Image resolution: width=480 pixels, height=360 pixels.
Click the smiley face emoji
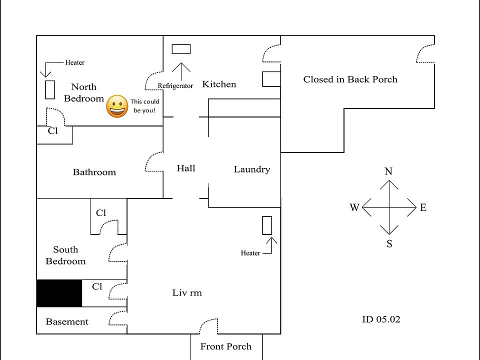[x=117, y=106]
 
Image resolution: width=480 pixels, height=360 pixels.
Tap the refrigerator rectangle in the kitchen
[x=181, y=49]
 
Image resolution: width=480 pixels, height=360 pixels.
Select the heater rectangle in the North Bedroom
[x=50, y=89]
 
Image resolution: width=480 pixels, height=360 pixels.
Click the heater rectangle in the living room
[x=267, y=225]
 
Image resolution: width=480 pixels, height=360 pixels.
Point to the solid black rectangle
[x=59, y=293]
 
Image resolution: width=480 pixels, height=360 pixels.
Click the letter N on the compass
[x=388, y=171]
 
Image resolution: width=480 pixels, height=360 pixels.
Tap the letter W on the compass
[x=354, y=207]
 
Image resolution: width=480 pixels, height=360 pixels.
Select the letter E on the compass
[x=423, y=207]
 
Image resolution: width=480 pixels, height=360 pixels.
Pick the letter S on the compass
[x=389, y=244]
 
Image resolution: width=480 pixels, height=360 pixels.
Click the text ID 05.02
[x=381, y=319]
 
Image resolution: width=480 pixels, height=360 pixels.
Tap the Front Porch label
[x=226, y=346]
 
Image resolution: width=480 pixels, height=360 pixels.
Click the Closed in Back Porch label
[x=350, y=79]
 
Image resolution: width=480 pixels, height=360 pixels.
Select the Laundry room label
[x=251, y=169]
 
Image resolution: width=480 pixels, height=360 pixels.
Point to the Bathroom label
[x=94, y=172]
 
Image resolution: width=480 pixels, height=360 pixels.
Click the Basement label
[x=67, y=321]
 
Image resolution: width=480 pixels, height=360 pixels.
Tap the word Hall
[x=185, y=168]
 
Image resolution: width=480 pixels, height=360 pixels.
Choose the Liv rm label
[x=187, y=292]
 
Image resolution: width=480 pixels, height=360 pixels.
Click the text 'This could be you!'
[x=145, y=105]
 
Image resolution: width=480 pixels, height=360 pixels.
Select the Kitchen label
[x=219, y=84]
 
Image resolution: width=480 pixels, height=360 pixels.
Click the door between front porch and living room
[x=208, y=327]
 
